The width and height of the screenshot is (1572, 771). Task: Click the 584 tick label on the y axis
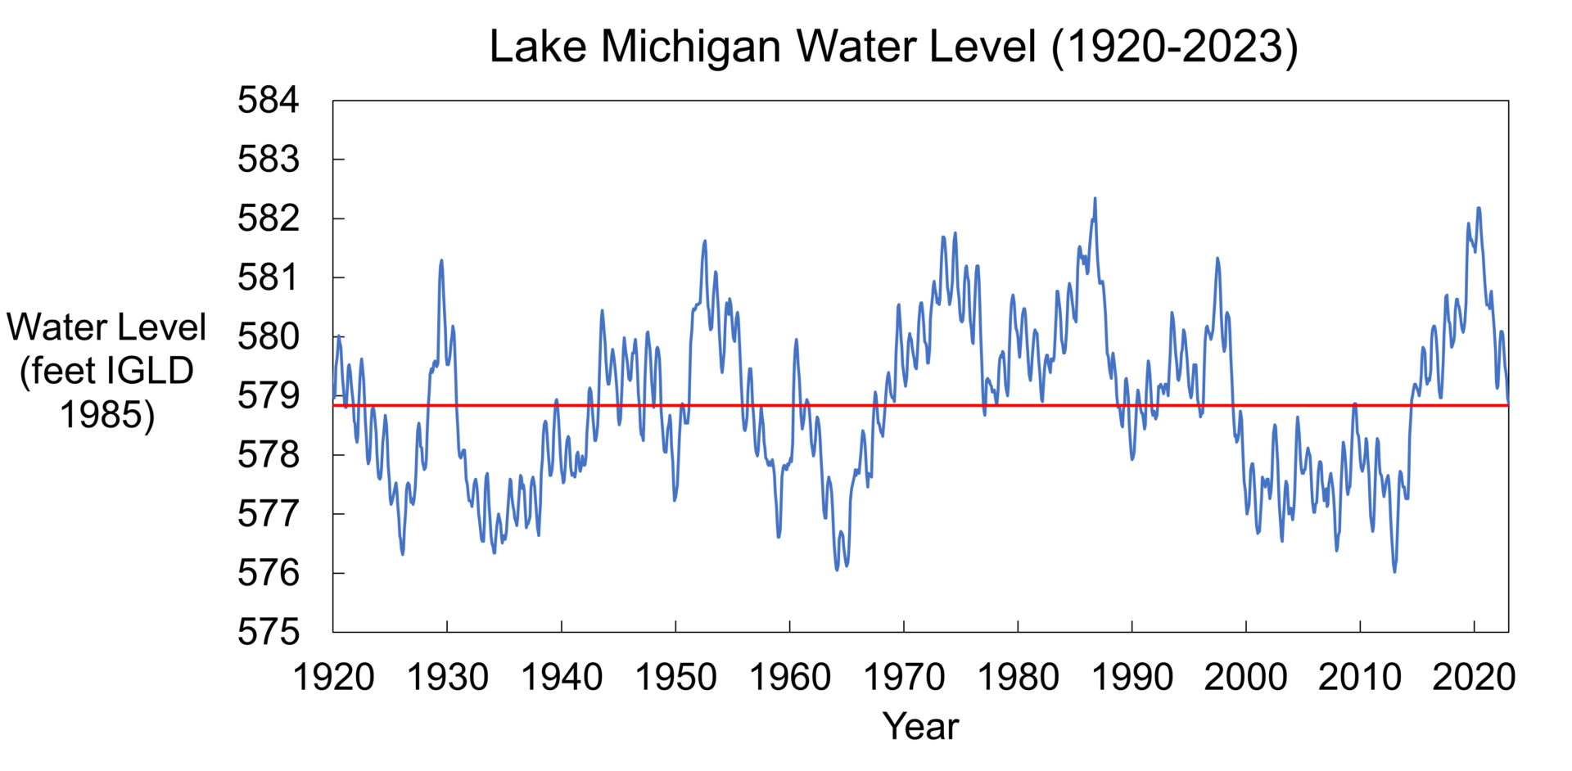click(269, 101)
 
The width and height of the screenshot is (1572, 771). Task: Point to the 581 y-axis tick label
click(269, 277)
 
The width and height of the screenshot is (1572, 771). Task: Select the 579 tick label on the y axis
click(269, 396)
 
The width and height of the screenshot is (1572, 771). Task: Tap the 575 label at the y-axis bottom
click(269, 632)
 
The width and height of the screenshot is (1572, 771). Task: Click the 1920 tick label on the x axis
click(333, 678)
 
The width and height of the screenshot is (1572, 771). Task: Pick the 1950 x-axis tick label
click(675, 678)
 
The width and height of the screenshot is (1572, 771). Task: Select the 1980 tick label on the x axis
click(1018, 678)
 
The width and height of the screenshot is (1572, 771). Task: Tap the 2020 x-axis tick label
click(1474, 678)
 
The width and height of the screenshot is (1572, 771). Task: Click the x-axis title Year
click(920, 726)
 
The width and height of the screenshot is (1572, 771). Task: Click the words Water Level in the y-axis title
click(106, 327)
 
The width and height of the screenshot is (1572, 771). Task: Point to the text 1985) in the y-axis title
click(107, 415)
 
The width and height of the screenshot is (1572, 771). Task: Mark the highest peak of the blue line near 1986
click(1095, 198)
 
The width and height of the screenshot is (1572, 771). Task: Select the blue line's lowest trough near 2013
click(1394, 571)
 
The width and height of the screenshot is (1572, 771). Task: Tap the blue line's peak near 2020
click(1479, 208)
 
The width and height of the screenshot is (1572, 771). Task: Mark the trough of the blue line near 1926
click(403, 554)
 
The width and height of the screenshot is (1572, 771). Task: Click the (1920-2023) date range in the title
click(1174, 47)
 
